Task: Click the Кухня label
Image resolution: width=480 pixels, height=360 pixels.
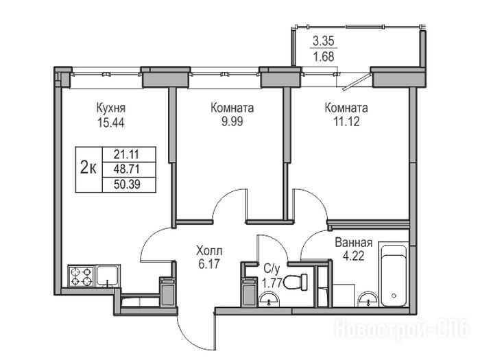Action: (x=111, y=108)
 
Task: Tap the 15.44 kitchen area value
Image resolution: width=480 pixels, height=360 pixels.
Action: (x=111, y=123)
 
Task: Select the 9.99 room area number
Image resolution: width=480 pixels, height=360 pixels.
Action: (x=232, y=121)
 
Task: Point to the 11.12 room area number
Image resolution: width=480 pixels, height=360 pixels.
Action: (x=346, y=121)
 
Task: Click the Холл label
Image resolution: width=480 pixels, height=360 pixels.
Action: (x=209, y=251)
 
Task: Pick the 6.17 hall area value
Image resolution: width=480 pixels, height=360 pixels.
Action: (x=209, y=263)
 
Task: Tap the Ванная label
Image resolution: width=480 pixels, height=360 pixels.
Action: (x=354, y=243)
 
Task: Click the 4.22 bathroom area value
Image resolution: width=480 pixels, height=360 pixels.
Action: (x=354, y=256)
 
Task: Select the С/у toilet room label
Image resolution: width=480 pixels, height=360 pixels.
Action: (x=272, y=269)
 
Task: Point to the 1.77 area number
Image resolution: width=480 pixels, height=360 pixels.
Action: (x=272, y=283)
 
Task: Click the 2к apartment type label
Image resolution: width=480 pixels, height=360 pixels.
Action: (x=88, y=168)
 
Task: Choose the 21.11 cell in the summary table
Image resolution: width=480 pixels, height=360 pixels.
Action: (x=127, y=154)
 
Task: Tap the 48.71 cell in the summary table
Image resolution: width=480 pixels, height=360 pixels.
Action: (x=127, y=169)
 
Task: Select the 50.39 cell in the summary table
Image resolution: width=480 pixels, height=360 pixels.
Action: (x=127, y=184)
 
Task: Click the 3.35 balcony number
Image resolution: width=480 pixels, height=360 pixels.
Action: (x=324, y=41)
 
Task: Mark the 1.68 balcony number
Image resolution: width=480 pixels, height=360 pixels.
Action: (x=324, y=57)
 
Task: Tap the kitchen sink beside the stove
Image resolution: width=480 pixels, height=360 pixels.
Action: (x=108, y=276)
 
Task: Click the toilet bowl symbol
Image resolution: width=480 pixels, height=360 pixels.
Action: (x=295, y=282)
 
